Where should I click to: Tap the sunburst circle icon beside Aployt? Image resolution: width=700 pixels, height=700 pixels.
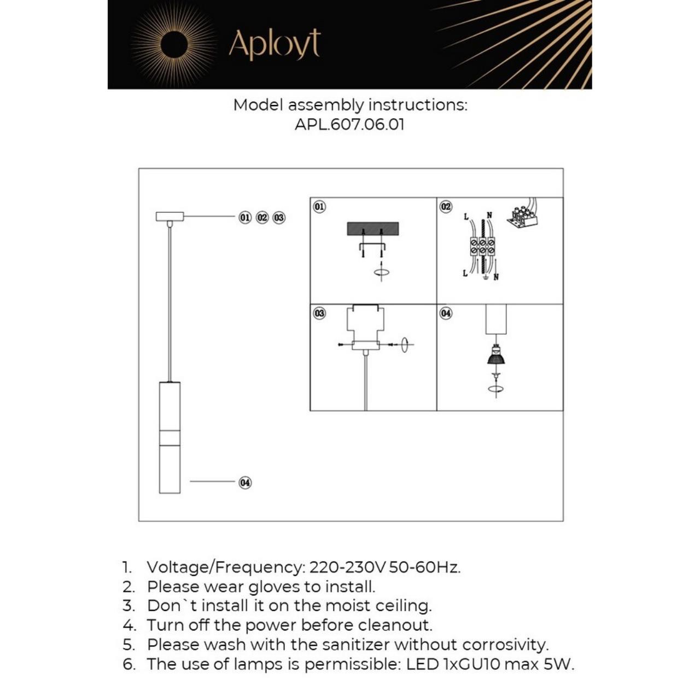pos(174,44)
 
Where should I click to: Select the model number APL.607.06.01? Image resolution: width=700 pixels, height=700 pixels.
pos(349,124)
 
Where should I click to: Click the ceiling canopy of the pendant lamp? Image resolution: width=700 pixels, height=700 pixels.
pos(170,217)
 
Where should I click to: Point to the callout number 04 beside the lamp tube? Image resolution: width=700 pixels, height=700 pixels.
pos(245,482)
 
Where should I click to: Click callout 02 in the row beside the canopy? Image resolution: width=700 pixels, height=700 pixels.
pos(262,217)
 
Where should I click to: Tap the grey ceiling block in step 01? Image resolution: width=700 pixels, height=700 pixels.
pos(372,229)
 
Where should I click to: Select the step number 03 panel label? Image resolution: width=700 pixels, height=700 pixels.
pos(319,313)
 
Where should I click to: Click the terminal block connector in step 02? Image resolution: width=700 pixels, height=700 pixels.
pos(482,247)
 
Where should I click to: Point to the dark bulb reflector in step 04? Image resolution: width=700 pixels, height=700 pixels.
pos(495,358)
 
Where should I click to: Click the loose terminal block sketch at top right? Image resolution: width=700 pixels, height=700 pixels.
pos(522,216)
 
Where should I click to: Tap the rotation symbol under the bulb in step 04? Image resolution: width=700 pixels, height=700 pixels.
pos(495,389)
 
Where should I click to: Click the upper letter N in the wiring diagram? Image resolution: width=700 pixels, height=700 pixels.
pos(489,215)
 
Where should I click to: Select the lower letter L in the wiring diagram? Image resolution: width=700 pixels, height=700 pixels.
pos(465,273)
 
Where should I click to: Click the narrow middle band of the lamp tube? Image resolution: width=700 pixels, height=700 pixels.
pos(170,437)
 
